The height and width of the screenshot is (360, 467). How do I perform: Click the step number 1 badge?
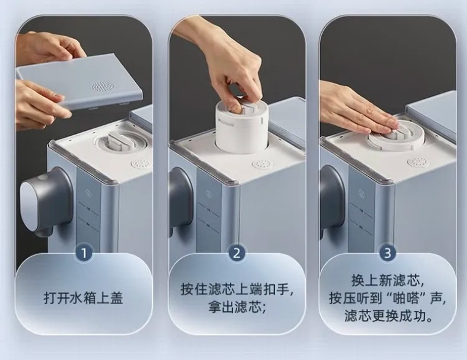pos(84,253)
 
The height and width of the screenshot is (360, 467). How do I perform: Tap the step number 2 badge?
pos(237,253)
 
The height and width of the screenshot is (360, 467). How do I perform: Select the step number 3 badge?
pos(388,253)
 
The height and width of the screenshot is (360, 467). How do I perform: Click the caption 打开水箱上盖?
pos(84,298)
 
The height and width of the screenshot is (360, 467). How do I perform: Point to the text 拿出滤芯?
pos(237,307)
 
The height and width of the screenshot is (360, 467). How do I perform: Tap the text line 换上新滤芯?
pos(388,280)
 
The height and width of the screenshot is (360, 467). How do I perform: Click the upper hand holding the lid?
pos(50,48)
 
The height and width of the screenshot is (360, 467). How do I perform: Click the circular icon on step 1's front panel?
pos(88,193)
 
